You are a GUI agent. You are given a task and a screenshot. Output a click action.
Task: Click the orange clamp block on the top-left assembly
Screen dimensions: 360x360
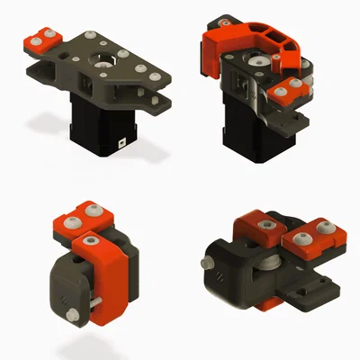tap(41, 40)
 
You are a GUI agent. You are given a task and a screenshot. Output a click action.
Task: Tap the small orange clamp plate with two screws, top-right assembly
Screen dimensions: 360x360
tap(286, 89)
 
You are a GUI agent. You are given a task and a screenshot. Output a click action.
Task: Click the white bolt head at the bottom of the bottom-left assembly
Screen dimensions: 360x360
tap(71, 314)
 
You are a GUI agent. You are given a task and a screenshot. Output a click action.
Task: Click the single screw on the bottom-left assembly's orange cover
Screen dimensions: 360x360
tap(89, 240)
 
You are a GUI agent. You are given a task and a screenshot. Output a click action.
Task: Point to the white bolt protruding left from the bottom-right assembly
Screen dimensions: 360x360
tap(208, 264)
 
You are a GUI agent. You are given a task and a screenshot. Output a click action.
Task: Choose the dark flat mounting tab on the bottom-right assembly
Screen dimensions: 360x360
tap(310, 290)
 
